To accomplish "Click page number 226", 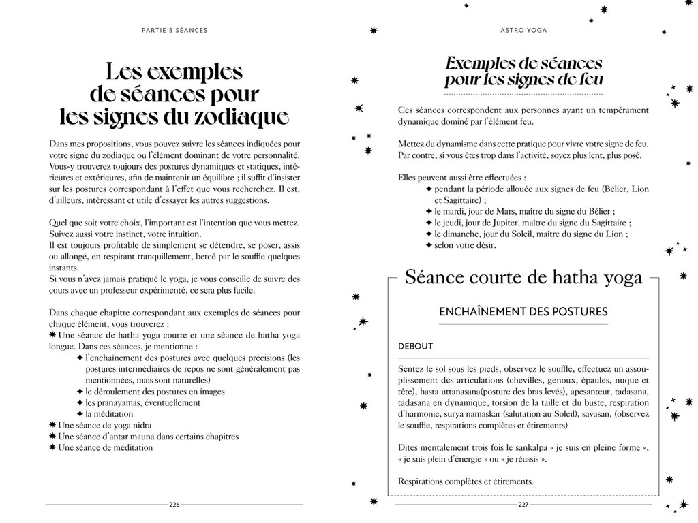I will [x=174, y=505].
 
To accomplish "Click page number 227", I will [x=523, y=505].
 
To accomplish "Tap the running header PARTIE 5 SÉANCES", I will [x=174, y=30].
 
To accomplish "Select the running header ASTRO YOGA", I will [x=523, y=30].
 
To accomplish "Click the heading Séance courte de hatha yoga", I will [x=523, y=277].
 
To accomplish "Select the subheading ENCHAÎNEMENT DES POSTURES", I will [x=523, y=312].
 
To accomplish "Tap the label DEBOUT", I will [x=415, y=346].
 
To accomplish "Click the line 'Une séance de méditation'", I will [x=106, y=447].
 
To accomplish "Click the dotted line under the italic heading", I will [x=523, y=93].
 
